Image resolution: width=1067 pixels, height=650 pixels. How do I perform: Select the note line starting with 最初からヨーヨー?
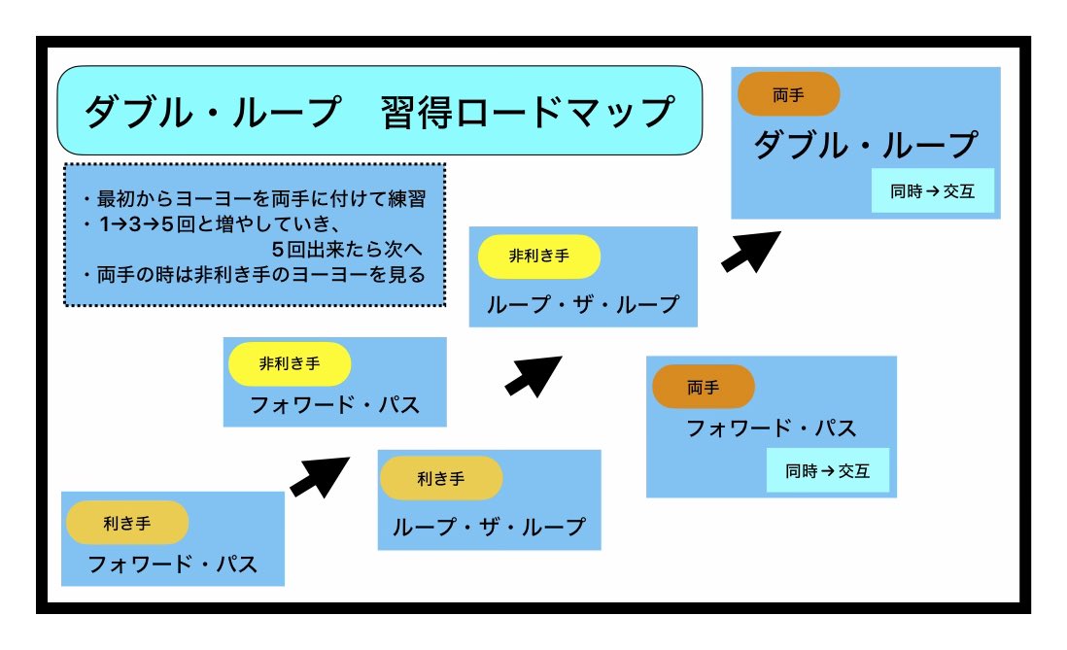pos(255,199)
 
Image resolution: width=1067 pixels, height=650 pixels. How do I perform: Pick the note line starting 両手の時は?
pos(255,275)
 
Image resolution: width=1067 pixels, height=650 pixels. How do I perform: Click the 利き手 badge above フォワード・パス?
pos(127,523)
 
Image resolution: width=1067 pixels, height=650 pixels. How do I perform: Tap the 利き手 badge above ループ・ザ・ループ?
pos(440,478)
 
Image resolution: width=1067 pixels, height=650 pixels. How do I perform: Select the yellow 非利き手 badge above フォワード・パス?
pos(289,363)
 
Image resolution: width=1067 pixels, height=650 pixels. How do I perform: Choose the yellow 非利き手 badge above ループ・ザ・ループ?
pos(539,257)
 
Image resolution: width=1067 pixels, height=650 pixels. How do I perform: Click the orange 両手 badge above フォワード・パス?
pos(704,387)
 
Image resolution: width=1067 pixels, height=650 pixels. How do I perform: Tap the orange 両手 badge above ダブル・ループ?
pos(788,94)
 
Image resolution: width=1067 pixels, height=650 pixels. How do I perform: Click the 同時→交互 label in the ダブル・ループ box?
pos(932,191)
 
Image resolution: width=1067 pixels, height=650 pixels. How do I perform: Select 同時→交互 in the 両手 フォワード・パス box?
pos(827,471)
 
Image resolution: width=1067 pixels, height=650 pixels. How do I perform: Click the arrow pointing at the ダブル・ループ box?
pos(751,251)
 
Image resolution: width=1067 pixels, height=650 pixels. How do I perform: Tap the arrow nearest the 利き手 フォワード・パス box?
pos(319,476)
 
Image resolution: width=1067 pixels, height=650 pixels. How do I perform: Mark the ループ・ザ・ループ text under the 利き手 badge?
pos(489,527)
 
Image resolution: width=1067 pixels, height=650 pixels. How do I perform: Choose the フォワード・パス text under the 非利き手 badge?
pos(335,405)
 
